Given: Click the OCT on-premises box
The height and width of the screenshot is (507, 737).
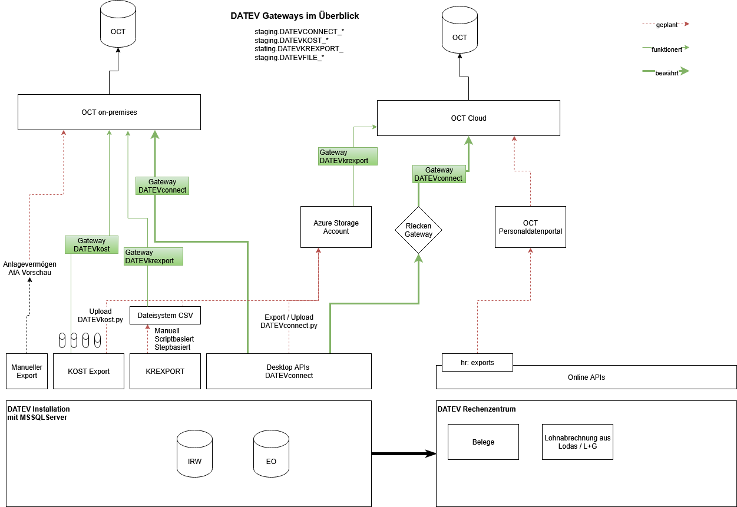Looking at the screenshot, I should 109,112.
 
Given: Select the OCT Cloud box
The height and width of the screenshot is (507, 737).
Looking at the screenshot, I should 468,118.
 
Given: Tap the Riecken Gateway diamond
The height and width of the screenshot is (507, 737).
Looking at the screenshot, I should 418,230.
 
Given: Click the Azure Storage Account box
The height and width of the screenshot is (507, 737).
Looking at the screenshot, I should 336,227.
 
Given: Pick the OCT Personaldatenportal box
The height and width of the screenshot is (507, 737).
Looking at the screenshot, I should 530,227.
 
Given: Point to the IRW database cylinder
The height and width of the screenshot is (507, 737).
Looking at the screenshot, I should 194,453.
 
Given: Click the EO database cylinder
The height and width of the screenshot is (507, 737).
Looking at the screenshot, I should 271,453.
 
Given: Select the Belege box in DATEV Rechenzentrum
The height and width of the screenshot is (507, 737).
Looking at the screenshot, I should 483,442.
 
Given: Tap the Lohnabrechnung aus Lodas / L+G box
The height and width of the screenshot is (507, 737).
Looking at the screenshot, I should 577,442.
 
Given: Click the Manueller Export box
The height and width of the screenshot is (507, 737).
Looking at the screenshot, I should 27,371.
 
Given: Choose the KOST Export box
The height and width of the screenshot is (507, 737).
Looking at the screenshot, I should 88,371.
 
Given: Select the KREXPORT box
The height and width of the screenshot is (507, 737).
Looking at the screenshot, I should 165,371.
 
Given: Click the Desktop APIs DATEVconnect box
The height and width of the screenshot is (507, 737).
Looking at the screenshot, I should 289,371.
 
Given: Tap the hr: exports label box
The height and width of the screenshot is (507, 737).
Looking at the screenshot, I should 477,362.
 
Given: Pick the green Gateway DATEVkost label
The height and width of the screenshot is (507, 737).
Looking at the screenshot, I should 91,244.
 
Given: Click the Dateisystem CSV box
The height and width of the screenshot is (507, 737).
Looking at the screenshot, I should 165,315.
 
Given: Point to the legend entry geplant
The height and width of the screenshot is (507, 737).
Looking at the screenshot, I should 666,25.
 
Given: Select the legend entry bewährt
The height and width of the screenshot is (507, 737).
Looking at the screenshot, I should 666,72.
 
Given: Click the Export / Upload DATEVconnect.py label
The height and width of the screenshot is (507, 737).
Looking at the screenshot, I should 289,321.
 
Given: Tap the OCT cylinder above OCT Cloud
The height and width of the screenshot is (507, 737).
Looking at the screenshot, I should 460,32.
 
